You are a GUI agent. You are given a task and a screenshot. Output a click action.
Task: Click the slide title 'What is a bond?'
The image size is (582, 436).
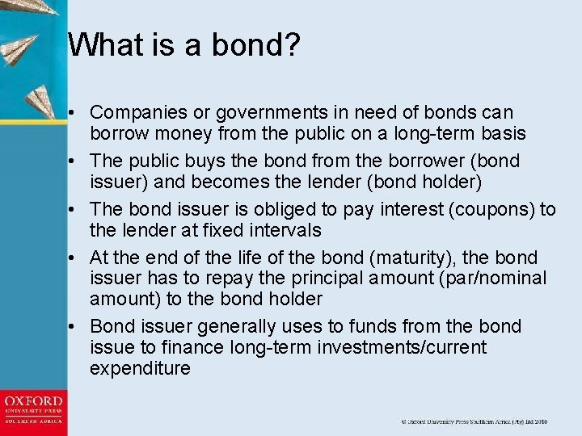[x=184, y=45]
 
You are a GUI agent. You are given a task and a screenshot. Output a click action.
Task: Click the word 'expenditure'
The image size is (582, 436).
[x=141, y=369]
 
